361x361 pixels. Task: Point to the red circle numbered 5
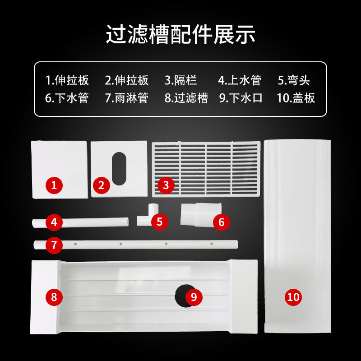click(x=160, y=222)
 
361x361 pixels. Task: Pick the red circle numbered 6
click(x=221, y=222)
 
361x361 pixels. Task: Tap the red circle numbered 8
click(x=54, y=296)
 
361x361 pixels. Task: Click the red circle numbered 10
click(x=293, y=296)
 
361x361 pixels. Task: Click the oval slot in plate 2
click(x=120, y=168)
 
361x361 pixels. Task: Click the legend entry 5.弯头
click(x=294, y=81)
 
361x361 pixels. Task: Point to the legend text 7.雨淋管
click(x=126, y=98)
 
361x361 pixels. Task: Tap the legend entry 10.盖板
click(x=296, y=98)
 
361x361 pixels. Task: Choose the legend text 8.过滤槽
click(x=186, y=98)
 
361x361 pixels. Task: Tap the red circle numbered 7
click(x=54, y=245)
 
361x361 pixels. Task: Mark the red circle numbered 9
click(x=194, y=296)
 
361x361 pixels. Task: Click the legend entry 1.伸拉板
click(x=67, y=81)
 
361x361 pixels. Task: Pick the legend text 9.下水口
click(x=241, y=98)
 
